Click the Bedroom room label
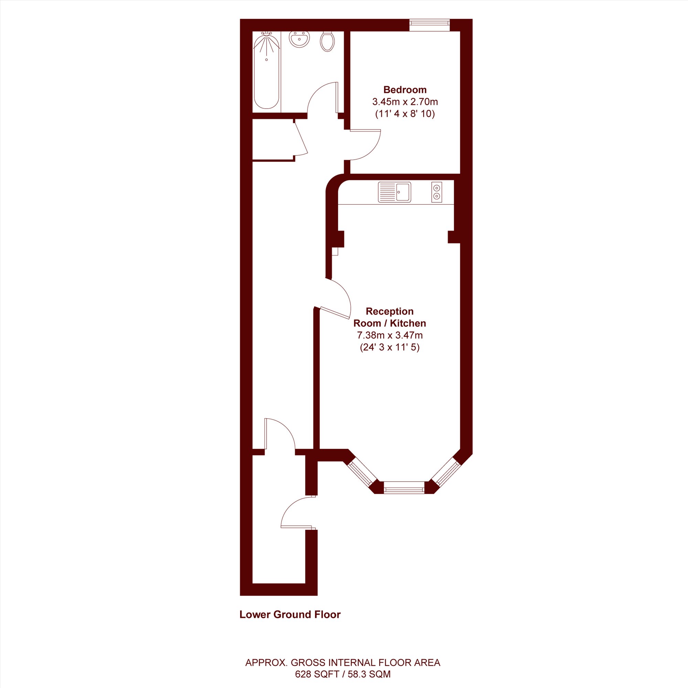pos(405,90)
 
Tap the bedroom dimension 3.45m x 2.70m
pos(405,102)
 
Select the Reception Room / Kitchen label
pos(390,317)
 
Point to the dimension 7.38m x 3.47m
pos(390,335)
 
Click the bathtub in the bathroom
pos(266,70)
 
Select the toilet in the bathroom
pos(327,41)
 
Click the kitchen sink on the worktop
pos(395,192)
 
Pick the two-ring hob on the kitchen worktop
pos(437,192)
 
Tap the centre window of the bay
pos(404,487)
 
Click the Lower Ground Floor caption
pos(290,614)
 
